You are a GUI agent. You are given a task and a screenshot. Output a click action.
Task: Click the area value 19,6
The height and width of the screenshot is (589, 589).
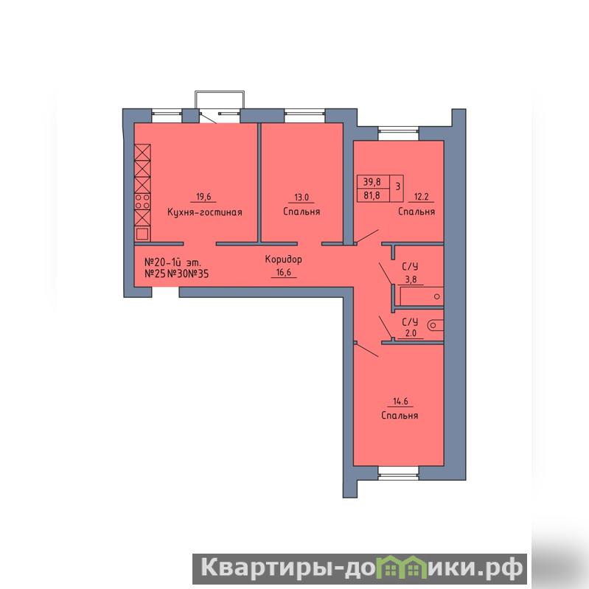point(203,197)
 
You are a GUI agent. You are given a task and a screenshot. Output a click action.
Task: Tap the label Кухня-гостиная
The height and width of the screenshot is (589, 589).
point(204,212)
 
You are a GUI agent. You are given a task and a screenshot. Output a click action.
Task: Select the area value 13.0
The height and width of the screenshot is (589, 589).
point(302,198)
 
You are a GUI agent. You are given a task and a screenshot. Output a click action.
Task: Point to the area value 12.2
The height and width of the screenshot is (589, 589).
point(421,197)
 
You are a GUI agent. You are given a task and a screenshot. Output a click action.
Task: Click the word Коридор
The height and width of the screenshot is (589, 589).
point(283,259)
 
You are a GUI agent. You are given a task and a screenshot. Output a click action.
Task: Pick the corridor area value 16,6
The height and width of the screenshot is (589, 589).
point(284,272)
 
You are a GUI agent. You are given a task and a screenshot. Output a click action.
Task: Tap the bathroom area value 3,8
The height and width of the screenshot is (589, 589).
point(411,280)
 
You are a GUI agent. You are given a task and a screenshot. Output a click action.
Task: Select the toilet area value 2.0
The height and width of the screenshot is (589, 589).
point(411,333)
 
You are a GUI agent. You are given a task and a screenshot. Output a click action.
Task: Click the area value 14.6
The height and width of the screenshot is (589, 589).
point(400,401)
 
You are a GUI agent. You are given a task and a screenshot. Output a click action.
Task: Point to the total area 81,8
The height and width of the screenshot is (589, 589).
point(372,195)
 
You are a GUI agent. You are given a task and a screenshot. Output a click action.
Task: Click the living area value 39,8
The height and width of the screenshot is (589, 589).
point(372,182)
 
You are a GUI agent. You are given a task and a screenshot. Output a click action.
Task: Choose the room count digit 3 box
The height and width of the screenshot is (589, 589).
point(397,187)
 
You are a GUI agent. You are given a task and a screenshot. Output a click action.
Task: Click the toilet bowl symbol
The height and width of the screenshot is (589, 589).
point(436,325)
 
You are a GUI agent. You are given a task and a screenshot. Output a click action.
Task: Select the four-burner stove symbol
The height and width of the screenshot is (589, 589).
point(142,201)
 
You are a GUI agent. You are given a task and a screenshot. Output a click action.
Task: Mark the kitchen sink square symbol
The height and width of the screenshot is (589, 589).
point(142,234)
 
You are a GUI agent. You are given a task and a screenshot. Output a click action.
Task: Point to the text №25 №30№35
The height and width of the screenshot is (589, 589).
point(176,273)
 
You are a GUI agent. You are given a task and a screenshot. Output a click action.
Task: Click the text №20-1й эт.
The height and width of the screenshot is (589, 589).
point(172,262)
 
